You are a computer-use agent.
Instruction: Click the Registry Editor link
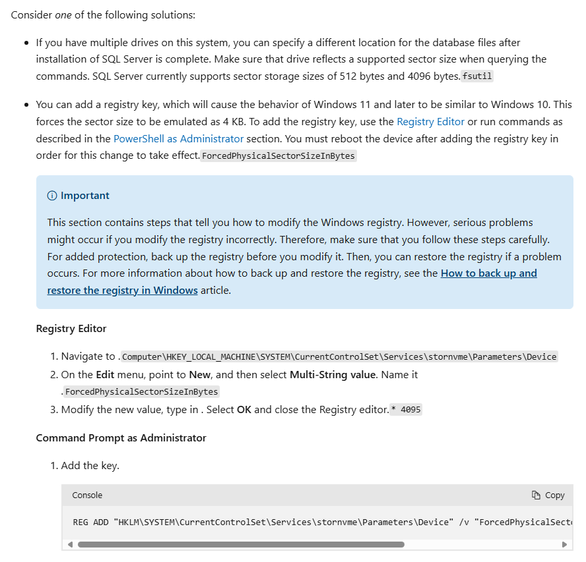click(x=430, y=121)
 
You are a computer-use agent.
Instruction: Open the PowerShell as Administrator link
click(x=178, y=138)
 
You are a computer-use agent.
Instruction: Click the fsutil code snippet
click(x=477, y=76)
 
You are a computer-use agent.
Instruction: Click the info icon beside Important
click(x=52, y=196)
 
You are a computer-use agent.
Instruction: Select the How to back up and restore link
click(x=488, y=273)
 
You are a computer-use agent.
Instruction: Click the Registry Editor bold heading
click(x=71, y=328)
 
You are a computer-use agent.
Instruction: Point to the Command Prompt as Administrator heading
click(x=121, y=437)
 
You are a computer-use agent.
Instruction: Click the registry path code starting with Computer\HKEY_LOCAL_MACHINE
click(x=339, y=356)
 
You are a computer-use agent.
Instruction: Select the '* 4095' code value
click(x=406, y=409)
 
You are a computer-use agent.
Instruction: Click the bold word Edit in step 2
click(x=105, y=374)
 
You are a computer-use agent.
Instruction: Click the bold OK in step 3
click(x=244, y=409)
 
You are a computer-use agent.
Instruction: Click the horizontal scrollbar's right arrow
click(x=564, y=544)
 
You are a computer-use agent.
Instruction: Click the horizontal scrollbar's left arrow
click(x=69, y=544)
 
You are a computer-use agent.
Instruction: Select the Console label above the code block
click(x=87, y=495)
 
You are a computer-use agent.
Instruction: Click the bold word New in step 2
click(x=200, y=374)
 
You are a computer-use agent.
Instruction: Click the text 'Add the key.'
click(x=90, y=466)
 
